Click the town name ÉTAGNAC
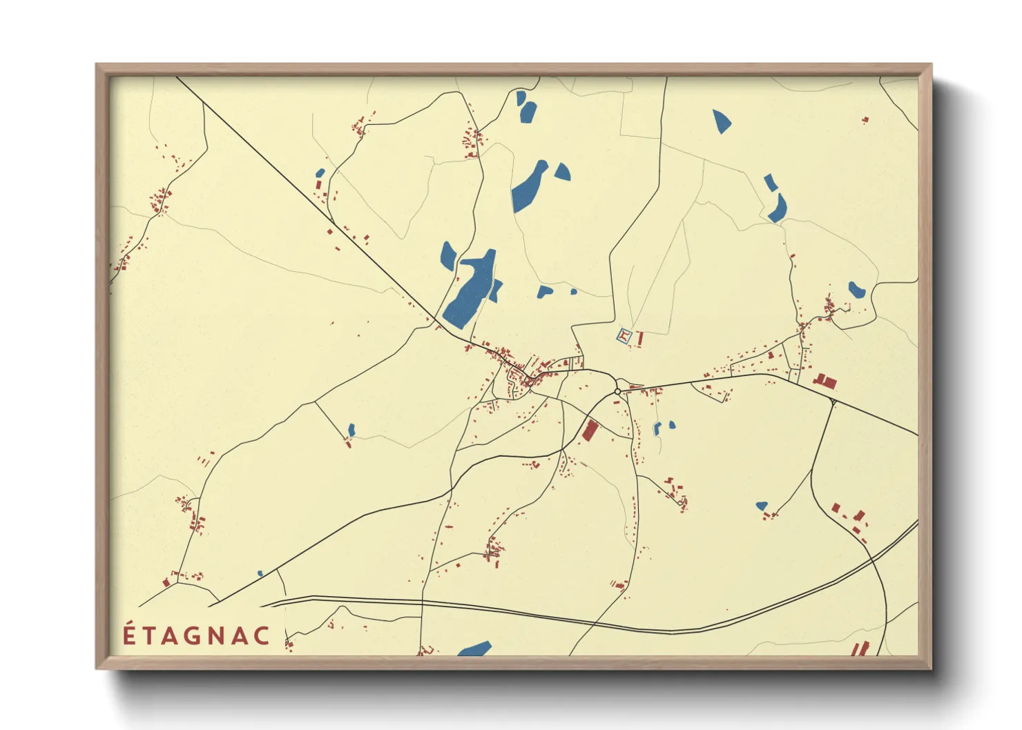coord(197,635)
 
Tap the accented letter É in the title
coord(129,635)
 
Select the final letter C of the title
coord(262,636)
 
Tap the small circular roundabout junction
coord(617,392)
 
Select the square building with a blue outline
coord(624,337)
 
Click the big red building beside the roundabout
coord(590,429)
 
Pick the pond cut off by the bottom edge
coord(475,649)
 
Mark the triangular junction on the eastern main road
coord(833,401)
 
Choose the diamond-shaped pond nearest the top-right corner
coord(722,121)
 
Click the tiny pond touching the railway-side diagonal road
coord(260,573)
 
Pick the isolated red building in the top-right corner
coord(865,120)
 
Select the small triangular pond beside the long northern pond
coord(563,172)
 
